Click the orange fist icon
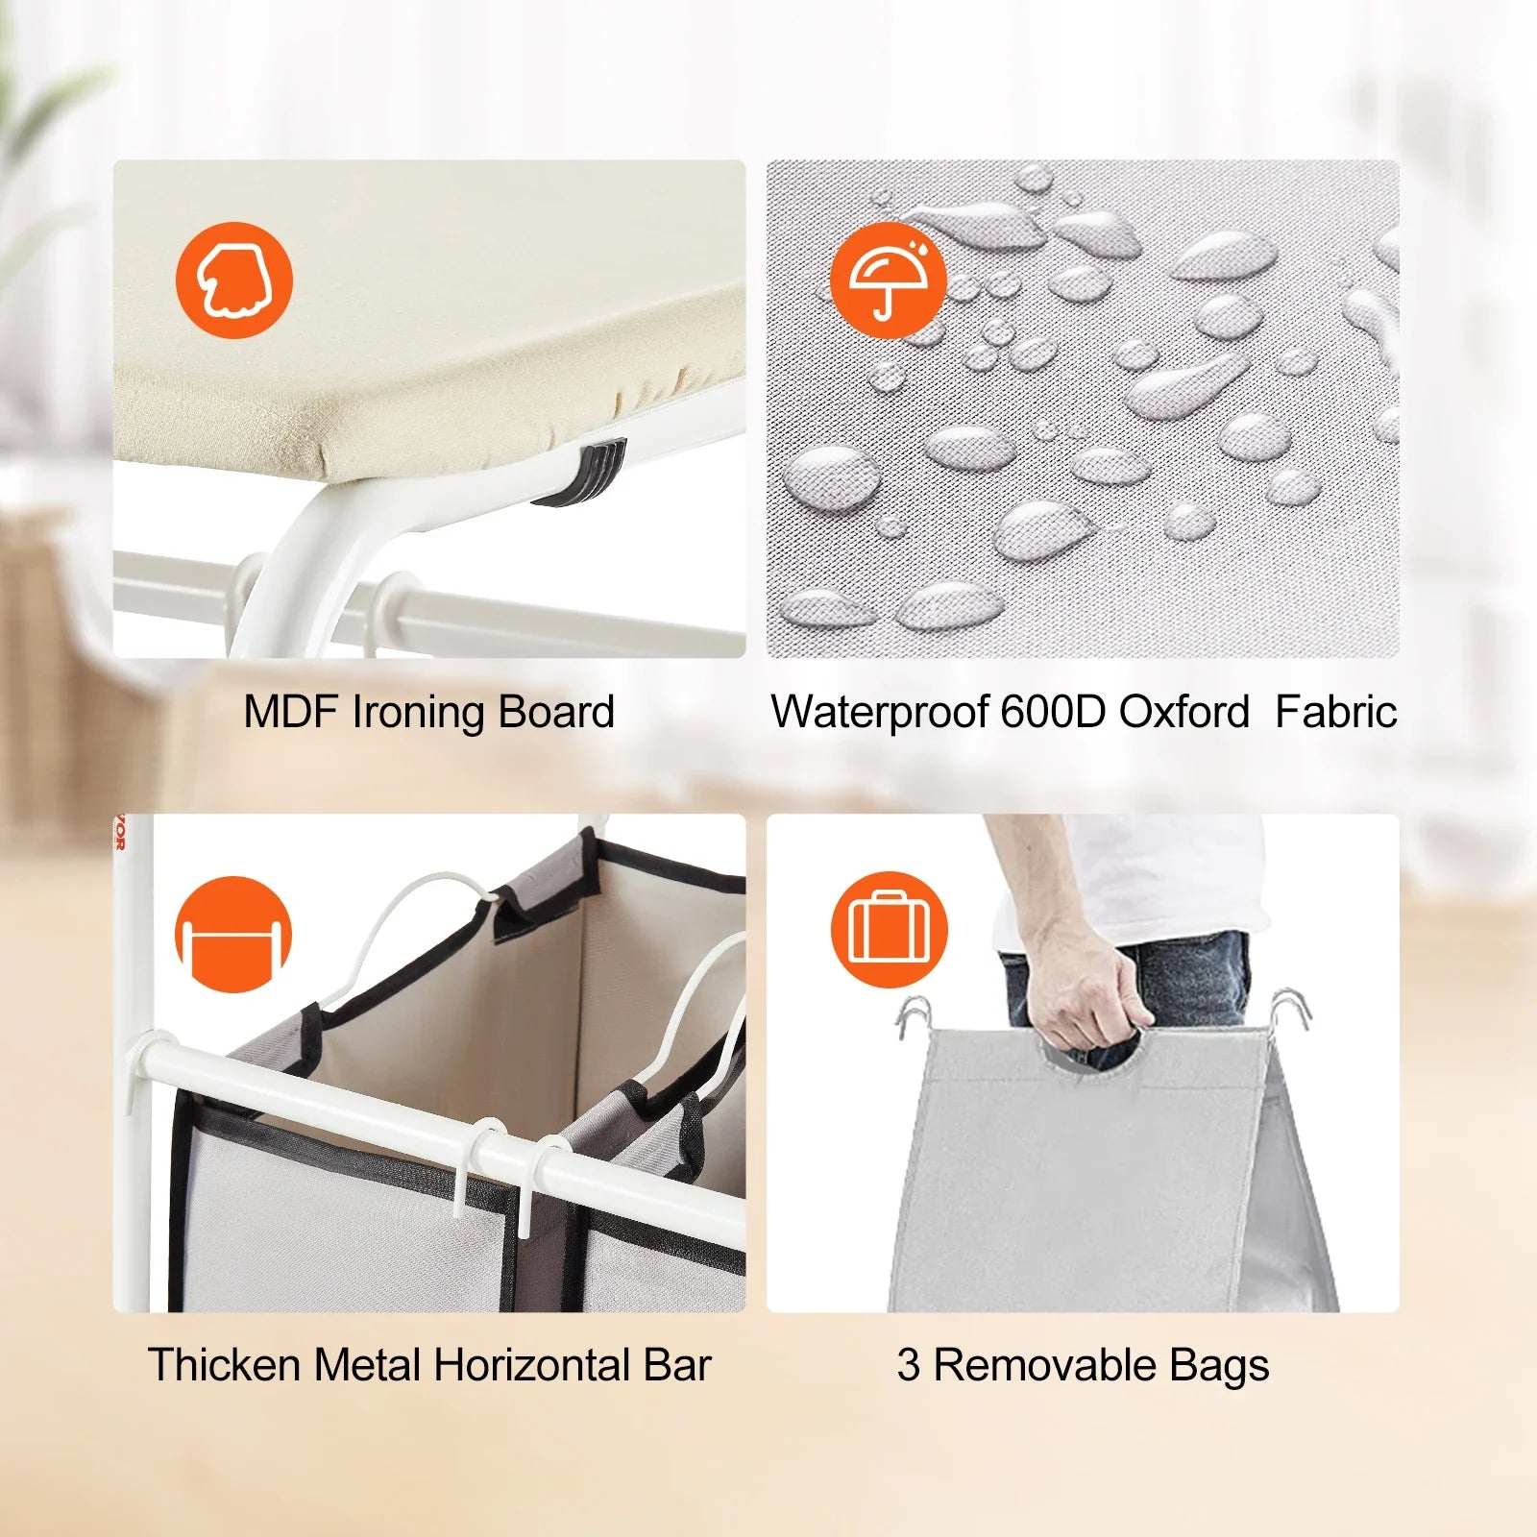click(x=233, y=280)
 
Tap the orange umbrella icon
click(x=889, y=280)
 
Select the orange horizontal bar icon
click(x=233, y=934)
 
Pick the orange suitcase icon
click(x=889, y=930)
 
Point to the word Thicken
click(x=224, y=1365)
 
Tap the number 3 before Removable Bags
click(x=908, y=1365)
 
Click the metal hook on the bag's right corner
click(x=1287, y=1012)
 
